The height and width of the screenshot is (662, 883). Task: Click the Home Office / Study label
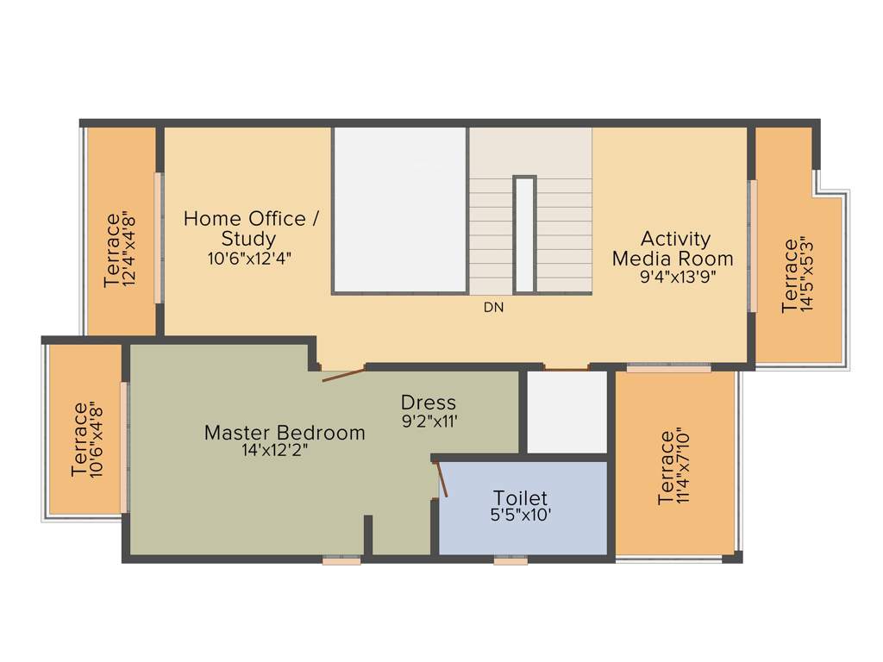pyautogui.click(x=251, y=228)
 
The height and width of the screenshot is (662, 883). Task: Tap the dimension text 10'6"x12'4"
pyautogui.click(x=249, y=258)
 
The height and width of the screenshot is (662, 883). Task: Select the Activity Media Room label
pyautogui.click(x=673, y=248)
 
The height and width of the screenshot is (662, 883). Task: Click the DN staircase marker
pyautogui.click(x=493, y=307)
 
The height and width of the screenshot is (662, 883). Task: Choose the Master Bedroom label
pyautogui.click(x=285, y=433)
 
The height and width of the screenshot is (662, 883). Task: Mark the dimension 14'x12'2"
pyautogui.click(x=276, y=450)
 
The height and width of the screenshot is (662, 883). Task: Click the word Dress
pyautogui.click(x=429, y=403)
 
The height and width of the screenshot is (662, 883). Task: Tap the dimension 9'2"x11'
pyautogui.click(x=429, y=422)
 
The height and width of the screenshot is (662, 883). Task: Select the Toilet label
pyautogui.click(x=520, y=498)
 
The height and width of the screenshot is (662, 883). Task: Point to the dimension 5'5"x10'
pyautogui.click(x=520, y=515)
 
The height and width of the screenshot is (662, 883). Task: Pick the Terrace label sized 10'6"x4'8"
pyautogui.click(x=80, y=440)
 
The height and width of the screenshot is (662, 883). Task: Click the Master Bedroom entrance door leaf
pyautogui.click(x=343, y=375)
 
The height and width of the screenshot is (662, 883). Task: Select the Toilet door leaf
pyautogui.click(x=442, y=479)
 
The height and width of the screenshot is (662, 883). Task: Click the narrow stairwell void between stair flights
pyautogui.click(x=524, y=234)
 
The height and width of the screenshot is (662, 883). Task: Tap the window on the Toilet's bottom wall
pyautogui.click(x=510, y=560)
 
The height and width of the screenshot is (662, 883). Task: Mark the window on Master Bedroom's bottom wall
pyautogui.click(x=341, y=560)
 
